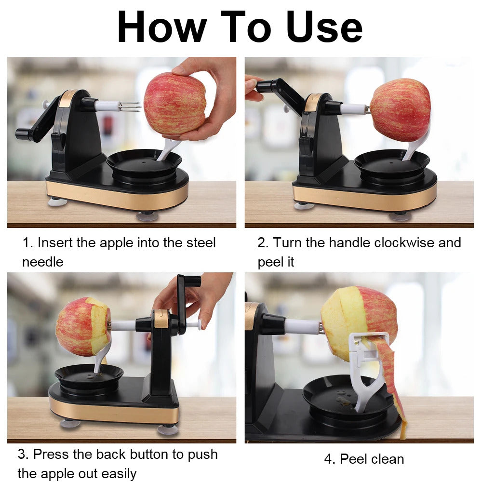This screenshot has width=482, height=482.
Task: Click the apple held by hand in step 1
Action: (174, 104)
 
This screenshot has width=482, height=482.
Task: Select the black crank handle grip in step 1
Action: (24, 134)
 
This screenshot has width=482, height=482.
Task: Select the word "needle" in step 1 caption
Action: (42, 262)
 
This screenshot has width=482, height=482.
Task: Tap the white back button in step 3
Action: (195, 324)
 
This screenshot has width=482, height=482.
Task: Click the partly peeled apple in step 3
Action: (82, 326)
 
